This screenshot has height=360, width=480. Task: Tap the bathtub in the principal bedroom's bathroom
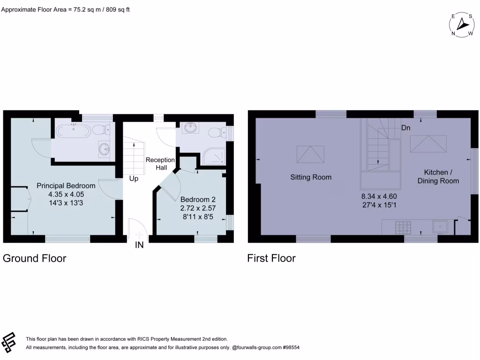click(x=73, y=130)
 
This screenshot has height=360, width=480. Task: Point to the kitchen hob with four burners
click(x=403, y=227)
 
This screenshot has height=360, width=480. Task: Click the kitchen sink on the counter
click(x=441, y=227)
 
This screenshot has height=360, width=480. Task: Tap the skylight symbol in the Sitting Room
click(x=310, y=153)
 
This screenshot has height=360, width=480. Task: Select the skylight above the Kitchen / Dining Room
click(x=428, y=143)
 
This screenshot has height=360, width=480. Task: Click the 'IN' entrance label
click(x=139, y=245)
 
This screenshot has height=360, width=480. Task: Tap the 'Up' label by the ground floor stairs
click(x=134, y=179)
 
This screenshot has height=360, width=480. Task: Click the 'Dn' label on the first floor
click(x=406, y=127)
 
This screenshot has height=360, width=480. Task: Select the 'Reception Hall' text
click(x=160, y=164)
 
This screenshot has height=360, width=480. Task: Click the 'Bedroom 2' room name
click(x=198, y=199)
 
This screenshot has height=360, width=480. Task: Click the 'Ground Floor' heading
click(x=35, y=258)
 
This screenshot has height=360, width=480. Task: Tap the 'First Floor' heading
click(x=271, y=258)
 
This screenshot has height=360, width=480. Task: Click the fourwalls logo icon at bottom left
click(x=9, y=342)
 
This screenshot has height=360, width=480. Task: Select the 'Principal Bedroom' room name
click(x=66, y=186)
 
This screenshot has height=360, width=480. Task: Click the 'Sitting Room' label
click(x=311, y=177)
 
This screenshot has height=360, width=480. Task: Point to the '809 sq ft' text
click(x=118, y=9)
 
